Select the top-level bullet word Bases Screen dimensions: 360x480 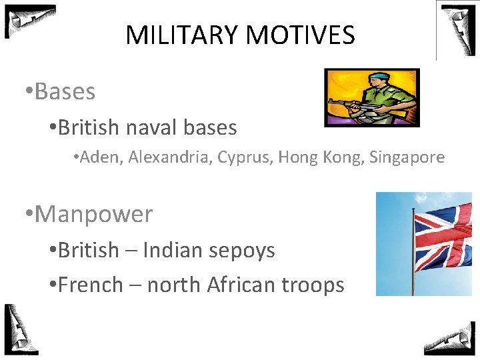click(x=65, y=92)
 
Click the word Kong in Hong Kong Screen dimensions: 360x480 click(x=343, y=158)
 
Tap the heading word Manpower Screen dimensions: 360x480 click(x=93, y=214)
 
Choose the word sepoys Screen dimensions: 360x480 click(x=242, y=251)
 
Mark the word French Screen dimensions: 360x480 click(x=91, y=285)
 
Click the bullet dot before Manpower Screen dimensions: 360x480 click(x=27, y=215)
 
